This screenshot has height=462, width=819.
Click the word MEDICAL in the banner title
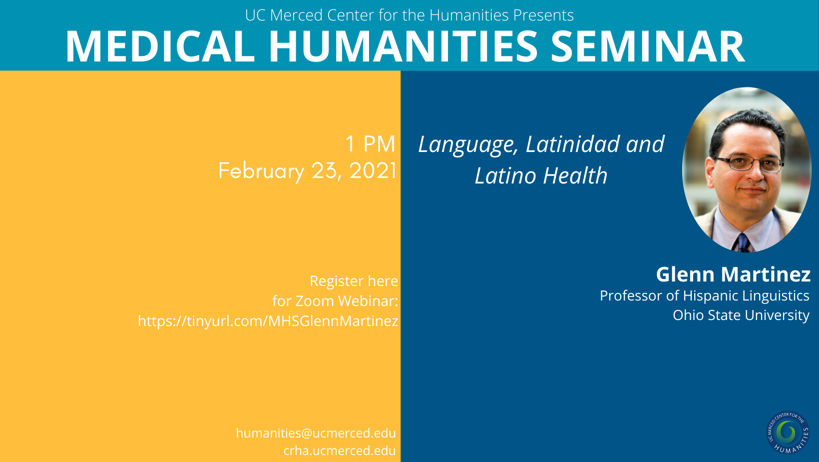[160, 46]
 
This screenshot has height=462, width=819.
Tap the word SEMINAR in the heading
[648, 46]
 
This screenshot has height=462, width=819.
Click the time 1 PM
[371, 143]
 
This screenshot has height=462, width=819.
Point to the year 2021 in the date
[373, 170]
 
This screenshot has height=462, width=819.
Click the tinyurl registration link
[268, 321]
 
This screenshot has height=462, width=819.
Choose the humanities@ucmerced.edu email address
[316, 433]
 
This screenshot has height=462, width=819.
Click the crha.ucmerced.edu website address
[340, 450]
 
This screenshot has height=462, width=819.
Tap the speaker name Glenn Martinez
[733, 274]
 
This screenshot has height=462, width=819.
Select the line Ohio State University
[741, 315]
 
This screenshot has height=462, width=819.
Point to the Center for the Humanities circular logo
[788, 433]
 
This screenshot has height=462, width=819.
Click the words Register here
[354, 281]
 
